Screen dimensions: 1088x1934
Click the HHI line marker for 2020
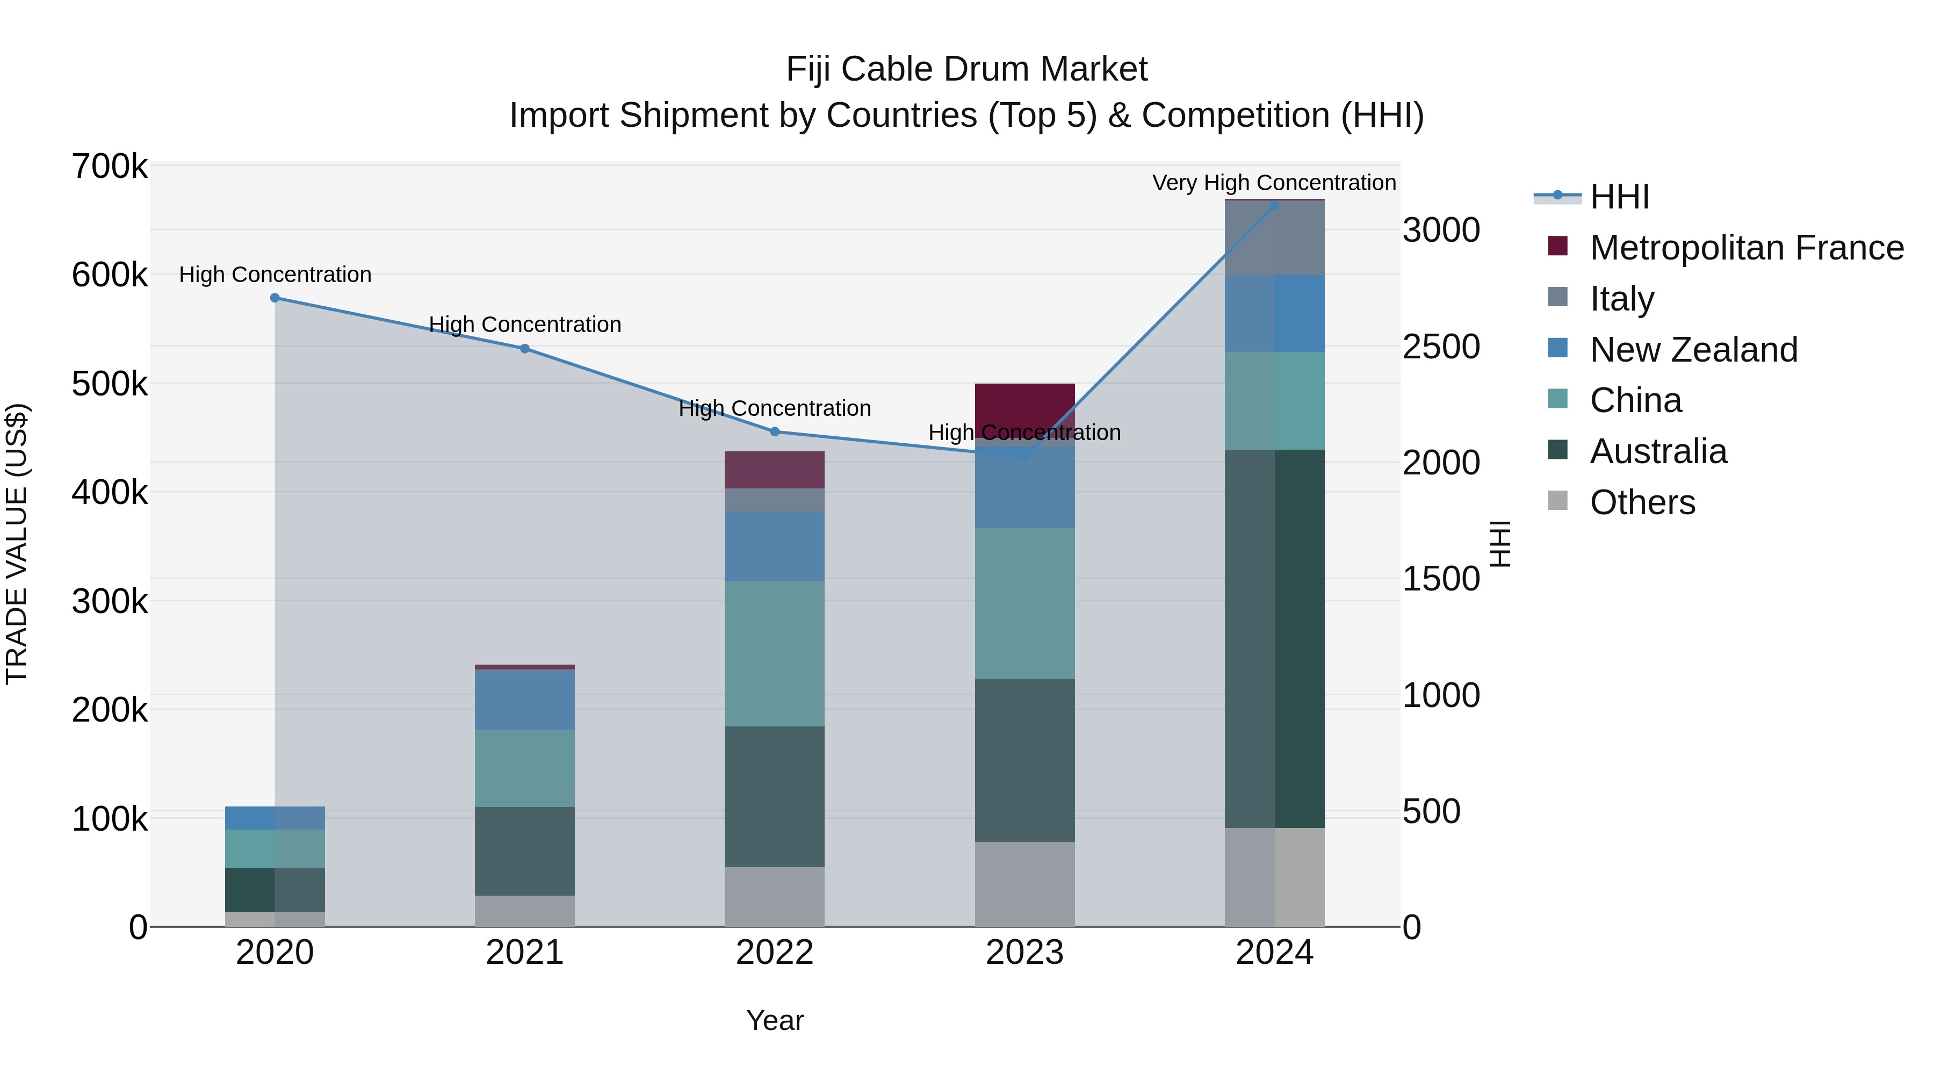click(x=275, y=298)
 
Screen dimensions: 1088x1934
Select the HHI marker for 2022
click(x=775, y=432)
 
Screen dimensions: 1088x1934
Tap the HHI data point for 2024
click(x=1274, y=205)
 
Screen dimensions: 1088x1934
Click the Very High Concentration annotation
click(x=1274, y=183)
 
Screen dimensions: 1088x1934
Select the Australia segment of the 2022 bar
click(x=774, y=797)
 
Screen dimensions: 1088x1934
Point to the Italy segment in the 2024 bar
click(x=1274, y=238)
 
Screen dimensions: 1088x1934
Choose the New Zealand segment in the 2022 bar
click(x=774, y=546)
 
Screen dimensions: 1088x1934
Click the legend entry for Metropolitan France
click(x=1747, y=248)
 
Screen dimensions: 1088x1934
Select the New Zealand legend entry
click(x=1694, y=350)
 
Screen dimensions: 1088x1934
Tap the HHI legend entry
click(x=1619, y=197)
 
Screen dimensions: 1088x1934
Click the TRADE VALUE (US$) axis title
click(x=17, y=544)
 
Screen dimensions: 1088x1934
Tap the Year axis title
click(x=775, y=1020)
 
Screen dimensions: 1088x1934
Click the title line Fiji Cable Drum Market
click(x=966, y=69)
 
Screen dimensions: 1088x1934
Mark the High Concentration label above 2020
click(x=275, y=275)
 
